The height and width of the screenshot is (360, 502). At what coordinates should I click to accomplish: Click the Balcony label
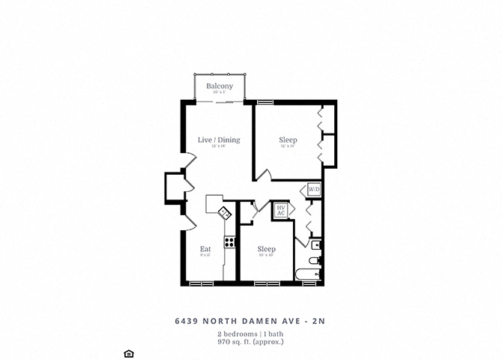click(x=220, y=86)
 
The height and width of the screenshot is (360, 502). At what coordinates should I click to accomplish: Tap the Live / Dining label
click(x=219, y=139)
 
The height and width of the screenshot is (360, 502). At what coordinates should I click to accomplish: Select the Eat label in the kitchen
click(x=205, y=249)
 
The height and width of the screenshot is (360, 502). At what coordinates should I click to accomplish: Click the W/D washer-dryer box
click(x=313, y=190)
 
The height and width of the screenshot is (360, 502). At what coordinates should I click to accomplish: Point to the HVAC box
click(x=281, y=211)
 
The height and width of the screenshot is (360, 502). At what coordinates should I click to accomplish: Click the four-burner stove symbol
click(x=230, y=241)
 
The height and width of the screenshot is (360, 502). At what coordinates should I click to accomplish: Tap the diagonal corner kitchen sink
click(x=224, y=213)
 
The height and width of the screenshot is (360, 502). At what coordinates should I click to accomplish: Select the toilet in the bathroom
click(x=317, y=260)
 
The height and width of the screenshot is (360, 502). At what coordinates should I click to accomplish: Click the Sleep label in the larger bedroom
click(x=288, y=140)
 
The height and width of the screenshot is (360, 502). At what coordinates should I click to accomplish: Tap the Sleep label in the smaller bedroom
click(x=266, y=249)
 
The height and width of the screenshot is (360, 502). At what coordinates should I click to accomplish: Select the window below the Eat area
click(x=200, y=283)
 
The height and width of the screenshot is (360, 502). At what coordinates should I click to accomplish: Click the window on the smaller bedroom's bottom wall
click(x=266, y=283)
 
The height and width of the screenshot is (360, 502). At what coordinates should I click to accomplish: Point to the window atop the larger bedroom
click(x=264, y=101)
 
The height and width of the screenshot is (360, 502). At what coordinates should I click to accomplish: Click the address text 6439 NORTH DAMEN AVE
click(x=251, y=321)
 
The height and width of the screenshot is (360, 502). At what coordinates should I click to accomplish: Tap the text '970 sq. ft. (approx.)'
click(x=251, y=342)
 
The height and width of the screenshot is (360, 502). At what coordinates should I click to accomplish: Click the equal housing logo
click(x=127, y=352)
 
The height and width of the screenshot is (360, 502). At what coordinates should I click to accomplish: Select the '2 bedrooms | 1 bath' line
click(x=251, y=333)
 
